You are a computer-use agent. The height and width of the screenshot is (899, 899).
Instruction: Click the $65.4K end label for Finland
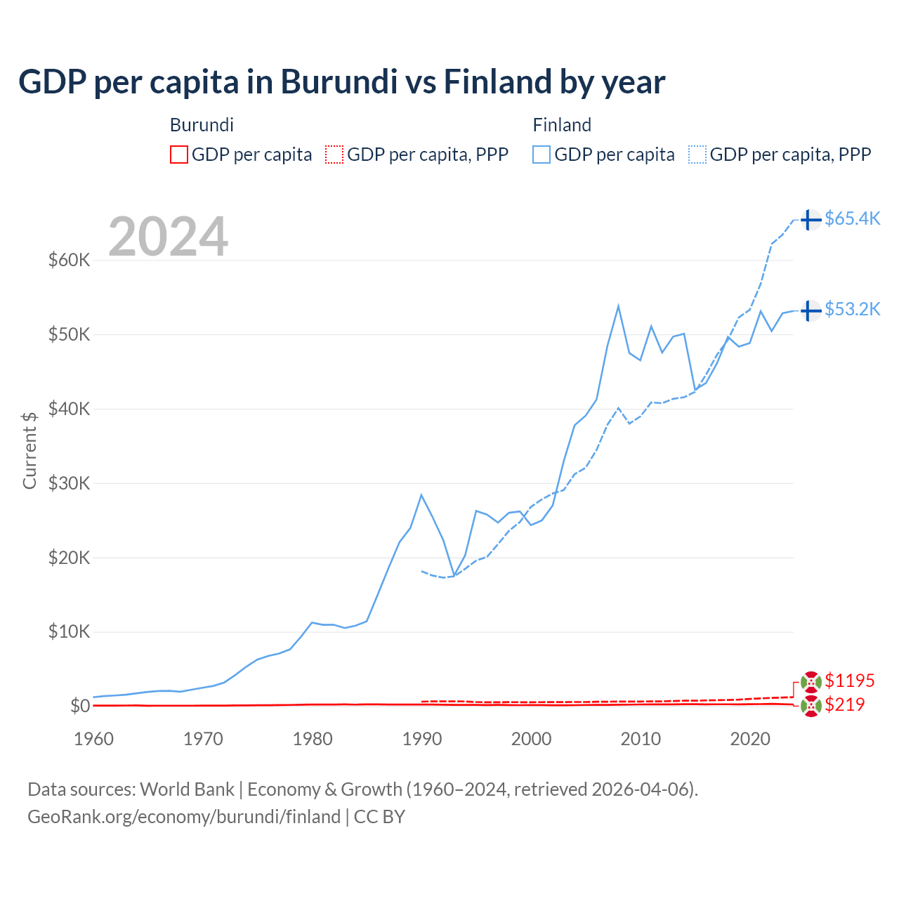coord(852,218)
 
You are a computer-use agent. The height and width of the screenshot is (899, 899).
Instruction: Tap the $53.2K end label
coord(852,309)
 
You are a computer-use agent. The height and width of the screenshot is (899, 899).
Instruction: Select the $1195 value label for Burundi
coord(849,681)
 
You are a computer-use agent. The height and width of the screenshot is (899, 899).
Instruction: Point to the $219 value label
coord(844,704)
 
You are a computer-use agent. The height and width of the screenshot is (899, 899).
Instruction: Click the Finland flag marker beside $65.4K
coord(811,220)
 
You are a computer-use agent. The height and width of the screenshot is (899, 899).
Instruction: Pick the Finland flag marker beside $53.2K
coord(811,310)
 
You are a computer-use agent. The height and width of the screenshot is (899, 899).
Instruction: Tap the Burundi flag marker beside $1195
coord(811,681)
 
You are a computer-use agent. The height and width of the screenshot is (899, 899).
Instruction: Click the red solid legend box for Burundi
coord(179,155)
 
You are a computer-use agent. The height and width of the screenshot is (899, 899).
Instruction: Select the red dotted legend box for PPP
coord(334,155)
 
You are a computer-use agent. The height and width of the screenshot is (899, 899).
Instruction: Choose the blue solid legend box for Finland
coord(542,155)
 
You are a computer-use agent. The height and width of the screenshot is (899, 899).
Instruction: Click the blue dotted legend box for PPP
coord(697,155)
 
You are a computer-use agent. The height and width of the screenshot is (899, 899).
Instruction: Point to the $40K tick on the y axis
coord(69,409)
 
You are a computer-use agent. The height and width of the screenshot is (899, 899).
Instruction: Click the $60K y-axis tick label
coord(69,261)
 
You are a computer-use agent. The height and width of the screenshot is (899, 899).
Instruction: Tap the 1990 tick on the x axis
coord(421,739)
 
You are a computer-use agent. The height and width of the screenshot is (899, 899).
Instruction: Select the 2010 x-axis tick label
coord(640,739)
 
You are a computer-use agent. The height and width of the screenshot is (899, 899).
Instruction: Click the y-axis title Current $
coord(29,450)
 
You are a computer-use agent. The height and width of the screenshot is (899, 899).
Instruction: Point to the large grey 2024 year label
coord(169,237)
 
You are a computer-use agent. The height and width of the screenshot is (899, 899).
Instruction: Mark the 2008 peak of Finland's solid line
coord(618,306)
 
